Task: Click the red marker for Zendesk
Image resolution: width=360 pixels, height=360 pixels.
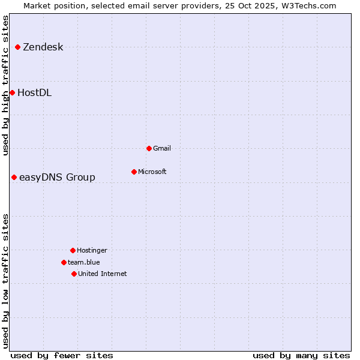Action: click(x=17, y=47)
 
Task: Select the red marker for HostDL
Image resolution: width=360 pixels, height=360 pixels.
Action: click(x=12, y=92)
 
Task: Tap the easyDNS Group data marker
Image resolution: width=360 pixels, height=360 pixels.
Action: click(x=14, y=177)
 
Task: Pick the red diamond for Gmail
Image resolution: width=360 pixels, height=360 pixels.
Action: click(x=149, y=148)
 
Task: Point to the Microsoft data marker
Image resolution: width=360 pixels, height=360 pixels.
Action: click(x=134, y=172)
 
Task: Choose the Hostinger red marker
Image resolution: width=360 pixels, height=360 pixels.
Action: click(x=73, y=250)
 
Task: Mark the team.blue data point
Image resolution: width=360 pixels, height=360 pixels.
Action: click(x=64, y=262)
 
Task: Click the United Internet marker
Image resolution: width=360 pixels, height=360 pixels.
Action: click(x=74, y=274)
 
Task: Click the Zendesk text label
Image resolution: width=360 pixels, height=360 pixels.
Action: click(x=43, y=47)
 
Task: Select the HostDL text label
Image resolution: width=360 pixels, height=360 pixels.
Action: click(x=34, y=93)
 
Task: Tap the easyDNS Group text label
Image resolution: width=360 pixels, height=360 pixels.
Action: click(x=57, y=178)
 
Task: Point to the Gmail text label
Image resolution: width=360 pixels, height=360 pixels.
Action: click(x=162, y=148)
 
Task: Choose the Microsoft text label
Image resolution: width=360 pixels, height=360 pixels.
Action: click(x=152, y=172)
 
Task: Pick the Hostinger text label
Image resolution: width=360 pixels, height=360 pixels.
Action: click(x=92, y=250)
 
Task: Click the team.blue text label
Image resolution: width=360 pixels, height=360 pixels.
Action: click(x=83, y=262)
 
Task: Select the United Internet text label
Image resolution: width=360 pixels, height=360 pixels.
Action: click(x=102, y=274)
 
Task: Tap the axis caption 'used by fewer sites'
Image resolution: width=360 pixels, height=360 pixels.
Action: click(x=62, y=355)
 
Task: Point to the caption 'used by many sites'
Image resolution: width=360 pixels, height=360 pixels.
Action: click(x=301, y=355)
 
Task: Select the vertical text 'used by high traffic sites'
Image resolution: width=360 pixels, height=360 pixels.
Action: click(x=6, y=85)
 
